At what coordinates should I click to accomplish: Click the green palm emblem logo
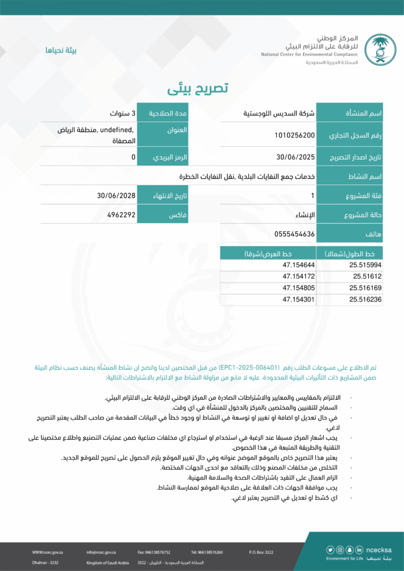381,49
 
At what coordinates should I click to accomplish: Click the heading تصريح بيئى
198,89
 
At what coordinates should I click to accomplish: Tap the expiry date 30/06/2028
116,196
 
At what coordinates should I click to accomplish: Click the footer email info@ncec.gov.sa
101,552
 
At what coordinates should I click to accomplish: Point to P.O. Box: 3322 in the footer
261,552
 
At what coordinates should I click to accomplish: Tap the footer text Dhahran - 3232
45,563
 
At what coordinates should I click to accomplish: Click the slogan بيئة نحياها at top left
61,50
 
